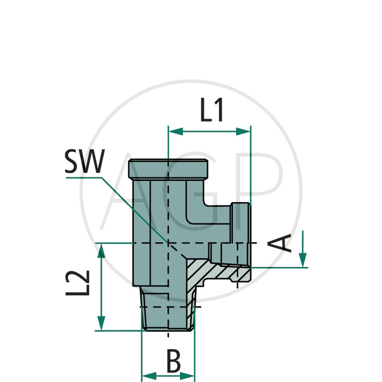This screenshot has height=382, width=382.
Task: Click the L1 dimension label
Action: (212, 110)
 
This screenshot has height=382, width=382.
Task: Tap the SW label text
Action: (85, 161)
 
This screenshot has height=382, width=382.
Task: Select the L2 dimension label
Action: (78, 283)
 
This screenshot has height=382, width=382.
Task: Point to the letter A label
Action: (279, 243)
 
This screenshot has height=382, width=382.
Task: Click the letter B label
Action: (173, 361)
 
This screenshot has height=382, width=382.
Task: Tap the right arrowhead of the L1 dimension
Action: (243, 132)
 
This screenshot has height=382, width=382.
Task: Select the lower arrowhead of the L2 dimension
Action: (101, 323)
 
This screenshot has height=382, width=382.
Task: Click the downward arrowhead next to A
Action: (303, 260)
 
